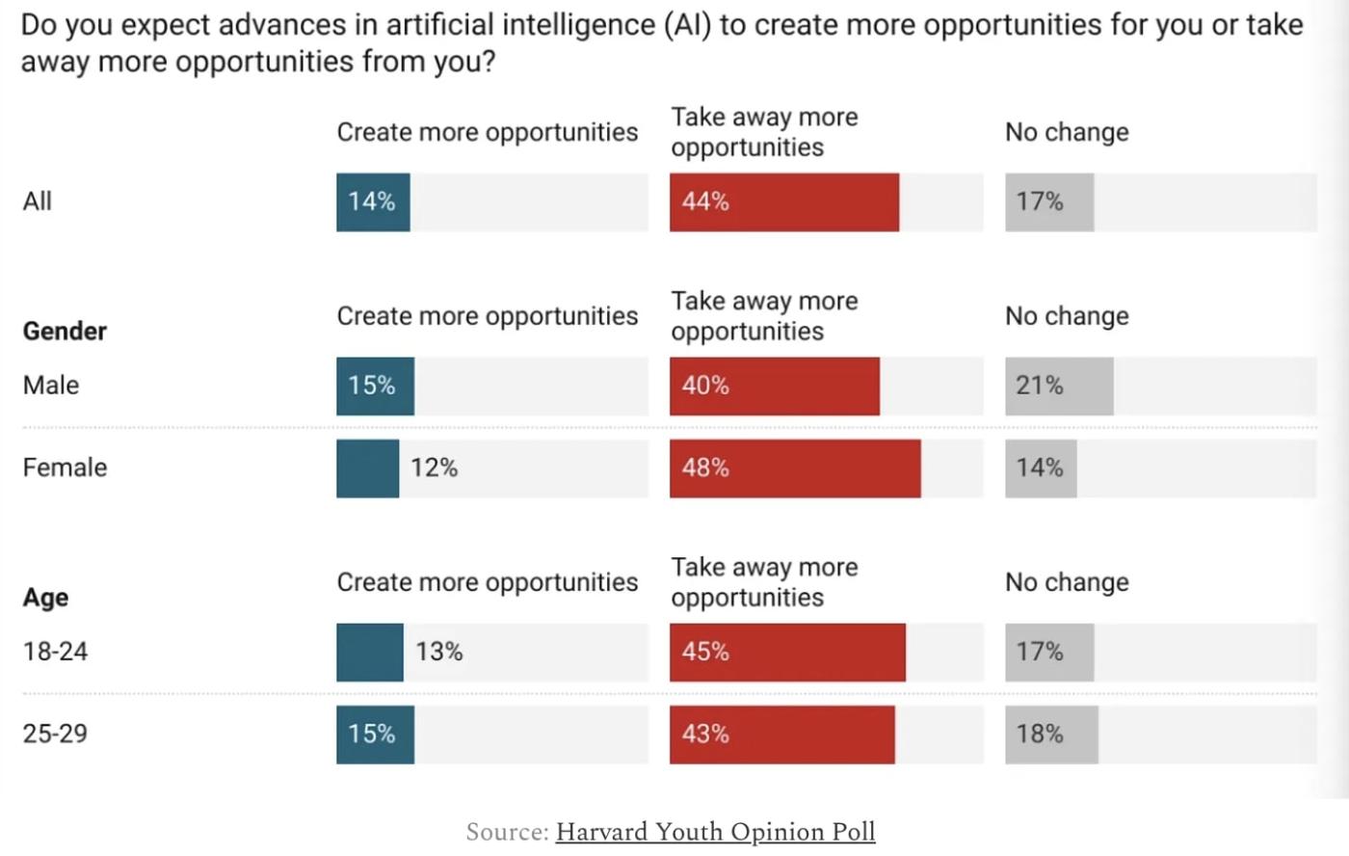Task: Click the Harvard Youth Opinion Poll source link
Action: (x=715, y=832)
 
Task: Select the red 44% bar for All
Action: (x=784, y=202)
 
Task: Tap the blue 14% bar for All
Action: (x=373, y=202)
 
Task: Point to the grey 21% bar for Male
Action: (x=1058, y=387)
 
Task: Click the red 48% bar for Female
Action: (x=795, y=468)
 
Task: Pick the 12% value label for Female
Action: (x=434, y=468)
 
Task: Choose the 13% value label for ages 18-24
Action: (x=438, y=653)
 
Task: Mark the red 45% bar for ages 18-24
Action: (x=787, y=653)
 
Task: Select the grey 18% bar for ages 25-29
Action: (x=1050, y=735)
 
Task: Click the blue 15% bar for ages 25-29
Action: (x=375, y=735)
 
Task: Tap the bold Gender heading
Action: (x=65, y=332)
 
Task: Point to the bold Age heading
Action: (x=45, y=598)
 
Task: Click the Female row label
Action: (x=65, y=468)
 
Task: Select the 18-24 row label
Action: (x=55, y=653)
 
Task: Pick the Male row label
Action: (x=51, y=387)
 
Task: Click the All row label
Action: (x=38, y=202)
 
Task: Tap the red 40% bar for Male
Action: (x=775, y=387)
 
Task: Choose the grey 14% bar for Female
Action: (x=1041, y=468)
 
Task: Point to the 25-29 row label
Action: (x=55, y=735)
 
